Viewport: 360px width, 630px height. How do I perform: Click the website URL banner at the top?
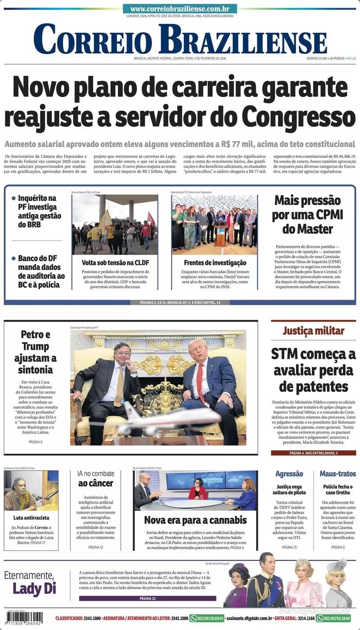(180, 9)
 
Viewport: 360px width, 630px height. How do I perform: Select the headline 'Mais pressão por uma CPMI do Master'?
(307, 214)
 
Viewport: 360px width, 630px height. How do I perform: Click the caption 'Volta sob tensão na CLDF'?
(115, 262)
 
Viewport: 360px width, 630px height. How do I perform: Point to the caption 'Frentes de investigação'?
(215, 262)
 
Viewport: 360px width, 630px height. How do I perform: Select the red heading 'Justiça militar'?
(313, 331)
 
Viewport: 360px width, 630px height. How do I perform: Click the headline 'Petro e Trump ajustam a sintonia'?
(36, 352)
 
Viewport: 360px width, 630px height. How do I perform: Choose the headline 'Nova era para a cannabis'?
(195, 520)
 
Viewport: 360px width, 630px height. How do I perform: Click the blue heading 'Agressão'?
(289, 474)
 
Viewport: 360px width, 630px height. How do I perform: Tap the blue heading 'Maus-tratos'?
(337, 474)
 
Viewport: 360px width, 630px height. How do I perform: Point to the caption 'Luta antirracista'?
(31, 518)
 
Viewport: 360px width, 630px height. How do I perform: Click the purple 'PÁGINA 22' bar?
(147, 599)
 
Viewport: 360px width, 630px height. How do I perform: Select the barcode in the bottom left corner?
(24, 617)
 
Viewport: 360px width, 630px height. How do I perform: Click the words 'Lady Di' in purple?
(34, 588)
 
